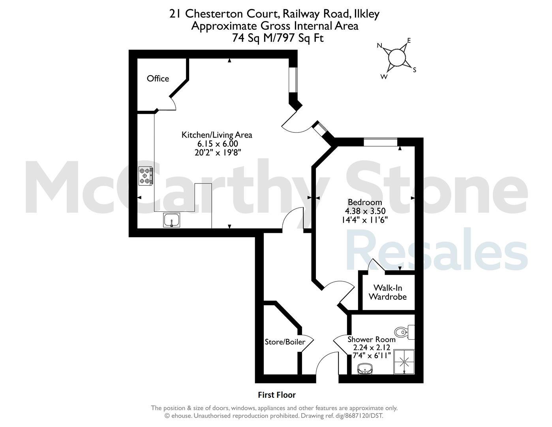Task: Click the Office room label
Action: [158, 78]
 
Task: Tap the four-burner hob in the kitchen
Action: [146, 176]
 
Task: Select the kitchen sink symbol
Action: [171, 220]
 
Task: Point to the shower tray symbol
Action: [404, 362]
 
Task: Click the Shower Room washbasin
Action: [365, 368]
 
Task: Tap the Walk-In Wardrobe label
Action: [388, 292]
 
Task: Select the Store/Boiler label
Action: [285, 342]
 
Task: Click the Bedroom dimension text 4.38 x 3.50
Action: [365, 211]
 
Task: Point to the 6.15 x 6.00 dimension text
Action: [218, 144]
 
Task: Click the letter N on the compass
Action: [379, 45]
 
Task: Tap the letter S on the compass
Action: [415, 70]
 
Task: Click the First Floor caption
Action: [277, 395]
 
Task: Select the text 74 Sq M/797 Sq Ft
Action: [278, 38]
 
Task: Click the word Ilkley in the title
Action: [365, 14]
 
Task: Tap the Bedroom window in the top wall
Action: [380, 142]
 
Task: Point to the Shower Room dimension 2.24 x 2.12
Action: [372, 347]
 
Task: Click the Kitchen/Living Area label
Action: [217, 135]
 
